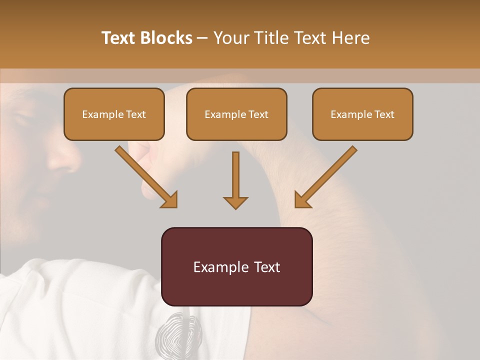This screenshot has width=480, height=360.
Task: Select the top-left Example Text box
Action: coord(114,114)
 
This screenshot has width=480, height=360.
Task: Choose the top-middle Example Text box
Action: coord(236,114)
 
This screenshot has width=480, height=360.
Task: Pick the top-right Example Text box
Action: coord(362,114)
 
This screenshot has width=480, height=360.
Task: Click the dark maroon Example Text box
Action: coord(236,266)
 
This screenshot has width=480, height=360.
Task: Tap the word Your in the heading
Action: coord(231,38)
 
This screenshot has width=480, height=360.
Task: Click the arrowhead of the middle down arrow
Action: coord(235,202)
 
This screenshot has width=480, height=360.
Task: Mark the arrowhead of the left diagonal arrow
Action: coord(170,200)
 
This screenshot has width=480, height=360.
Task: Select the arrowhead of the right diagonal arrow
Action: coord(302,200)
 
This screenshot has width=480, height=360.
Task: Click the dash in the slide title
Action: coord(202,38)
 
